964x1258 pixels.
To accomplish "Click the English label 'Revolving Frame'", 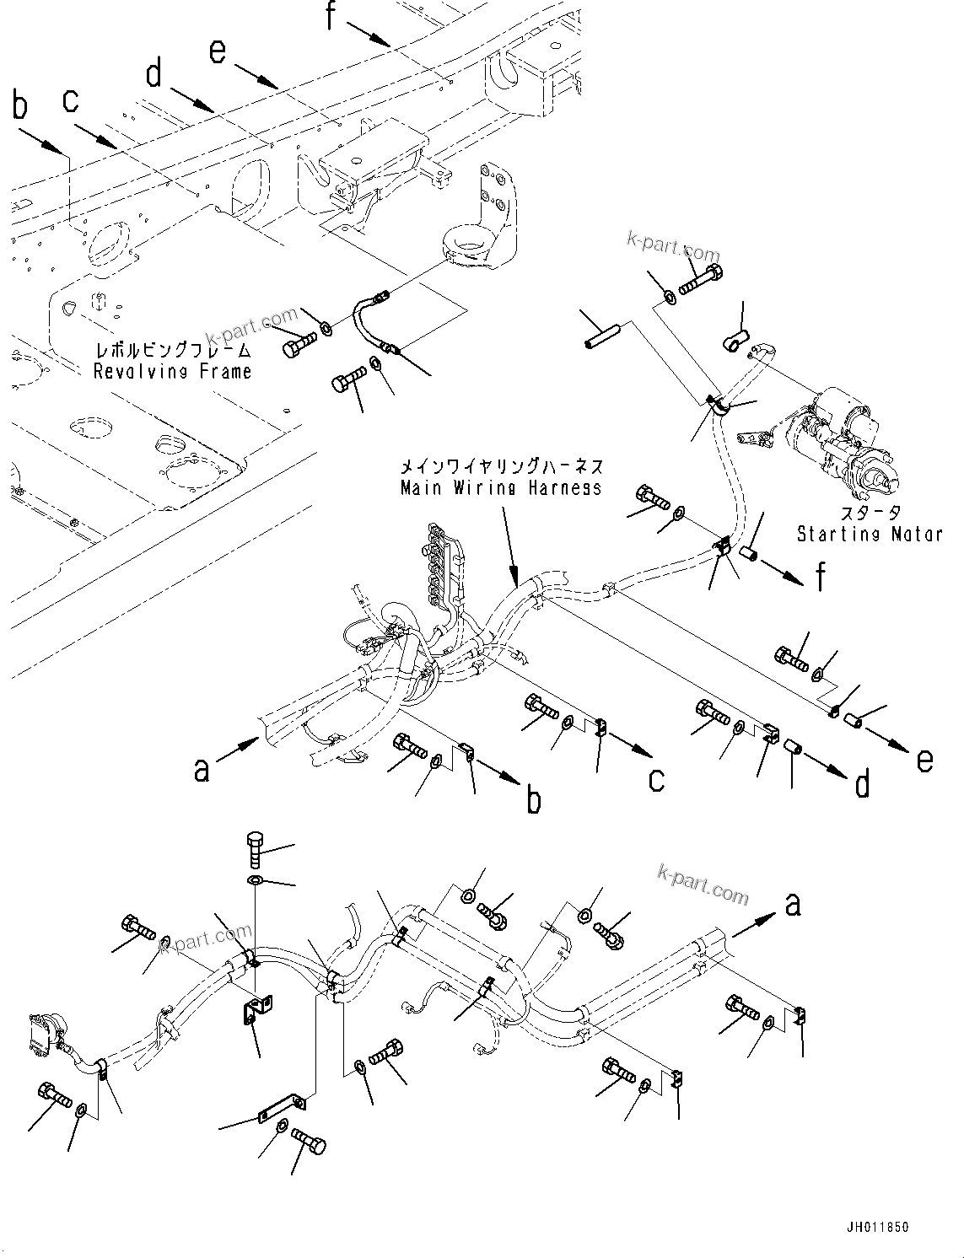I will click(172, 371).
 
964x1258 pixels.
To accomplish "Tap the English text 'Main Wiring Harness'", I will click(501, 487).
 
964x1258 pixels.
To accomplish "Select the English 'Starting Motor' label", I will click(869, 534).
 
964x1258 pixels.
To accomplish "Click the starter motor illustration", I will click(843, 448).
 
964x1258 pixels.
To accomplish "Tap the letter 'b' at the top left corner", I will click(19, 107).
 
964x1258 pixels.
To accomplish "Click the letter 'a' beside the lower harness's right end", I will click(792, 905).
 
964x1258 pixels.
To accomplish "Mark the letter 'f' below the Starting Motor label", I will click(820, 578).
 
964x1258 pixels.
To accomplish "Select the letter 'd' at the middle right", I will click(861, 783).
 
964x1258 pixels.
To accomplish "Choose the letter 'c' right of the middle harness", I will click(656, 779).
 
